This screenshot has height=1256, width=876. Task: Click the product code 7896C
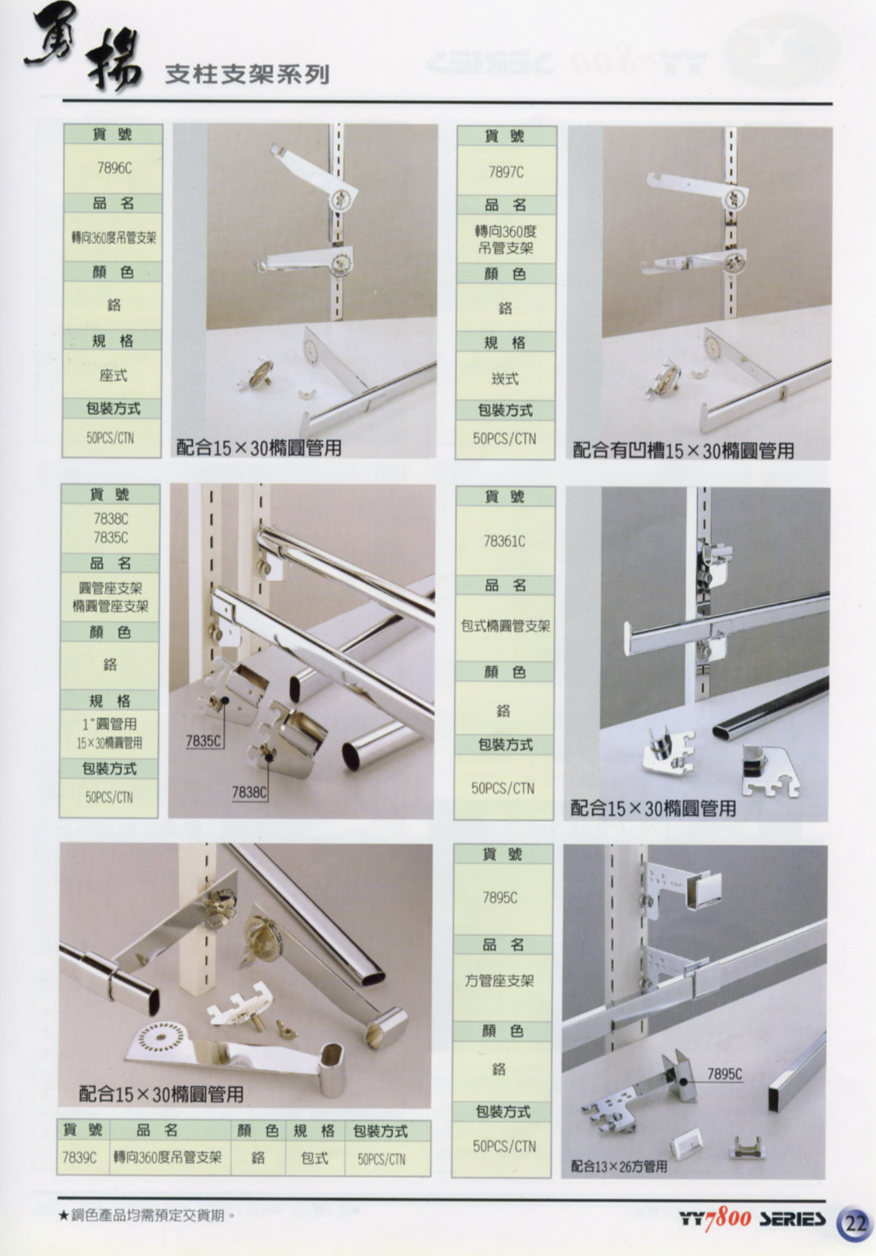[114, 168]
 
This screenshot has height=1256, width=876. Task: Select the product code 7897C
[505, 172]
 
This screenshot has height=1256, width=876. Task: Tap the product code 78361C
[504, 541]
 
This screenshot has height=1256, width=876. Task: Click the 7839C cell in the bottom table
[80, 1158]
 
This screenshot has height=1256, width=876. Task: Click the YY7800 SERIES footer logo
[753, 1219]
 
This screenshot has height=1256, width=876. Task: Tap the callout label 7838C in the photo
[249, 792]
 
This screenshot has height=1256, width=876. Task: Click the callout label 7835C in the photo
[204, 741]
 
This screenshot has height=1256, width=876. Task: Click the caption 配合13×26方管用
[619, 1166]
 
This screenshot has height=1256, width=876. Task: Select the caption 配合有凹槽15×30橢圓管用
[683, 451]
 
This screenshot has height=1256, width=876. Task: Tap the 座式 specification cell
[113, 375]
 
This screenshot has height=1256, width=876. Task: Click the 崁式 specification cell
[505, 378]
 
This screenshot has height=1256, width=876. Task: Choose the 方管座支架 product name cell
[499, 981]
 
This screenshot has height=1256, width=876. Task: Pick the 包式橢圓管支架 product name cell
[505, 626]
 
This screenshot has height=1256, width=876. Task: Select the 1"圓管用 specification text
[109, 724]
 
